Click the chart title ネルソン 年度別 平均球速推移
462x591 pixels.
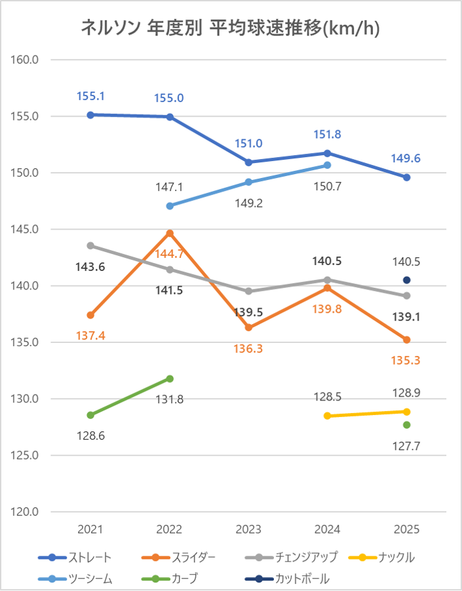coord(231,28)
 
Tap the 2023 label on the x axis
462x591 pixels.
coord(248,529)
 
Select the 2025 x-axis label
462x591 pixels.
coord(406,529)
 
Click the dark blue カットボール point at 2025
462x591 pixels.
coord(406,280)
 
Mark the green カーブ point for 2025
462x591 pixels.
coord(406,425)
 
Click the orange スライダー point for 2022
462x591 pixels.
coord(170,233)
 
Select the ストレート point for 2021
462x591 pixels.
coord(90,115)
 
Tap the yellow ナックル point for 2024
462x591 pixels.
coord(328,416)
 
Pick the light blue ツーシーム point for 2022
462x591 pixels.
coord(170,206)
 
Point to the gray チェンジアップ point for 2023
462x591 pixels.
coord(248,291)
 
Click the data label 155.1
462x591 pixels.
coord(90,96)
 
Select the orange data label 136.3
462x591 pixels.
coord(248,349)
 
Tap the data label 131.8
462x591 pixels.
coord(170,399)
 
